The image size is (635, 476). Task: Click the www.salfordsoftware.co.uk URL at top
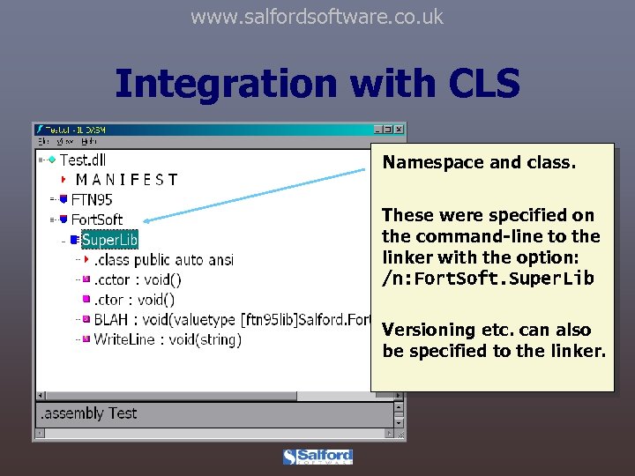pyautogui.click(x=317, y=17)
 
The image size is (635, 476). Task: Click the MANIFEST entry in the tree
pyautogui.click(x=126, y=180)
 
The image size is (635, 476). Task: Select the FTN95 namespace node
pyautogui.click(x=92, y=199)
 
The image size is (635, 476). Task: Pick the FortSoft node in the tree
pyautogui.click(x=97, y=219)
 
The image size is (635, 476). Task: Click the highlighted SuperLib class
pyautogui.click(x=109, y=239)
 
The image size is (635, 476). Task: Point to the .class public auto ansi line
pyautogui.click(x=163, y=259)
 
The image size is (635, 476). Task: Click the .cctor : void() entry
pyautogui.click(x=138, y=279)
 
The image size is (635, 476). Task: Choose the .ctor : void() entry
pyautogui.click(x=134, y=300)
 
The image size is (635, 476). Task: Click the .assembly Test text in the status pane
pyautogui.click(x=88, y=413)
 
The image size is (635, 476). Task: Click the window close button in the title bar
pyautogui.click(x=399, y=130)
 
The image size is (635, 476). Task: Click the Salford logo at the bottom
pyautogui.click(x=317, y=457)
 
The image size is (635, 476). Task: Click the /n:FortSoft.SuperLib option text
pyautogui.click(x=488, y=279)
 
